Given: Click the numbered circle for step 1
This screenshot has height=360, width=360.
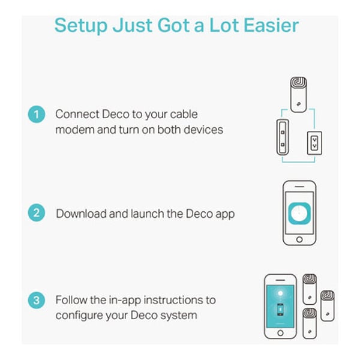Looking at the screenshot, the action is tap(36, 115).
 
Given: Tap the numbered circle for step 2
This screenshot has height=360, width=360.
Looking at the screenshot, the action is tap(36, 213).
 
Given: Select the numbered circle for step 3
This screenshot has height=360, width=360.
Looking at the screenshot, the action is tap(36, 301).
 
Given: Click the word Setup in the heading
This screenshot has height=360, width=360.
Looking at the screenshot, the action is tap(81, 26).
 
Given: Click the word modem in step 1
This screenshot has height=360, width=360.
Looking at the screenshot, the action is tap(74, 130).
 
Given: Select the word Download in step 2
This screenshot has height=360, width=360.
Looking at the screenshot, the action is tap(81, 214).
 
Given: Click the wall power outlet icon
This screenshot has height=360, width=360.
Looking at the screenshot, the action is tap(314, 143).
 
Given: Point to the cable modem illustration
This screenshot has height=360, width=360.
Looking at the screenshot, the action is tap(283, 137).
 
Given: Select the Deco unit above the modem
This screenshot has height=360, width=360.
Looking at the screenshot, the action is tap(298, 95).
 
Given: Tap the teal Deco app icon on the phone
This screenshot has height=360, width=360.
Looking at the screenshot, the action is tap(299, 213).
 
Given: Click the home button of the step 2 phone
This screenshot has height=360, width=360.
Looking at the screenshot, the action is tap(299, 239).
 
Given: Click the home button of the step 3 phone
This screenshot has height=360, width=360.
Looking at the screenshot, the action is tap(280, 333).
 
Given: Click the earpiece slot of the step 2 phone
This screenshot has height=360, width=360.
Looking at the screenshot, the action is tap(299, 187).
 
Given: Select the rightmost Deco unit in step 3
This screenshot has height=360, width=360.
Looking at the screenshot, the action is tap(328, 305).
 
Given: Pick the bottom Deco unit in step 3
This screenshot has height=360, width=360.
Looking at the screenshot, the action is tap(310, 323).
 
